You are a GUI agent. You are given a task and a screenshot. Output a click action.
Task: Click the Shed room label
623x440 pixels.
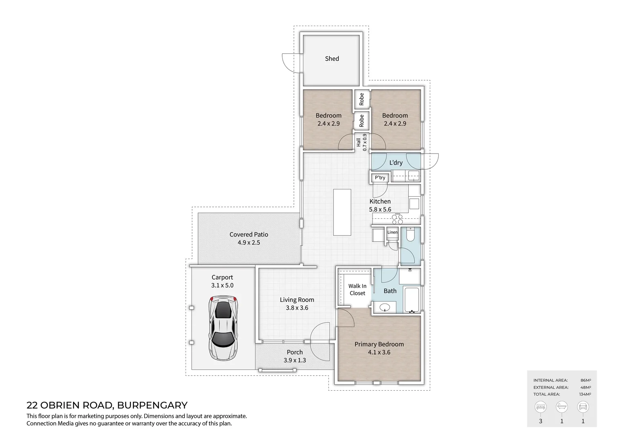[332, 59]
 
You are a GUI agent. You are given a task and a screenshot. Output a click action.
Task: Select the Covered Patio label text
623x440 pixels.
[249, 234]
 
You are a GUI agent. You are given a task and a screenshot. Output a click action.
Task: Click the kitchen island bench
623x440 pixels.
[342, 212]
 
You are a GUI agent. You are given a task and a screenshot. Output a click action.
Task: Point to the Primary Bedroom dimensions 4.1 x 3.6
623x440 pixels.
[379, 352]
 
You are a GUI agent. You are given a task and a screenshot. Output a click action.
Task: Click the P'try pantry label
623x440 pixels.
[380, 178]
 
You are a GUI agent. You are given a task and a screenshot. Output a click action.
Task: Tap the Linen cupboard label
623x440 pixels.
[392, 232]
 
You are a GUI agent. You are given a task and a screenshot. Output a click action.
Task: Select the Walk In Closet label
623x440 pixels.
[357, 290]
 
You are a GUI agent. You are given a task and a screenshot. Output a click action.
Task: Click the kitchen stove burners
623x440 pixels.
[398, 219]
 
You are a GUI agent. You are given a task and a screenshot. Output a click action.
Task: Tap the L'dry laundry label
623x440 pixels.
[395, 163]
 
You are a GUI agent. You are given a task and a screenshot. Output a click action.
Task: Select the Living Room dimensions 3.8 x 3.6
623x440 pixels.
[297, 308]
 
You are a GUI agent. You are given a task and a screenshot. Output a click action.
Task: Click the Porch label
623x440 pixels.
[294, 352]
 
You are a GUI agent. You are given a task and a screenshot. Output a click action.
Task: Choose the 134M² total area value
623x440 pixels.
[585, 394]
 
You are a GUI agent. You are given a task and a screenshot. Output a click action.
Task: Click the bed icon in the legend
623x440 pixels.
[541, 407]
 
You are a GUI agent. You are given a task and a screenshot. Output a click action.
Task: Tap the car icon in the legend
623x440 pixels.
[583, 407]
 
